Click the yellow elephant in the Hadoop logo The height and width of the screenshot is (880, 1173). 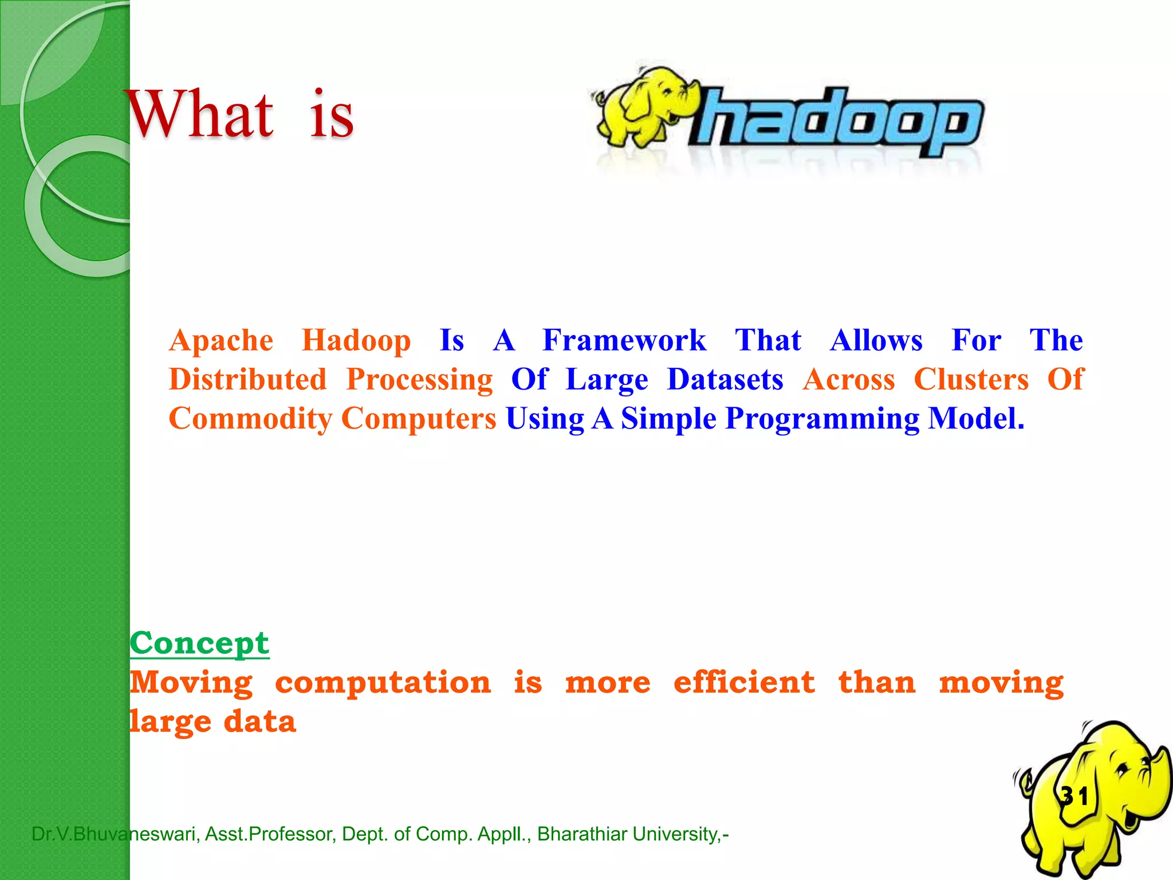click(x=644, y=106)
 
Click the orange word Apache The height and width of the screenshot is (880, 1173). click(x=221, y=340)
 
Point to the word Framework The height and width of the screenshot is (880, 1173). click(x=624, y=340)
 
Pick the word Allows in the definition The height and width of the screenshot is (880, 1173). click(x=876, y=340)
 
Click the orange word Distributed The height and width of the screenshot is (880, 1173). click(x=247, y=379)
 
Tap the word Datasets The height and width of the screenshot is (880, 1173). click(x=725, y=379)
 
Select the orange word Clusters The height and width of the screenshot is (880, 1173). click(x=971, y=379)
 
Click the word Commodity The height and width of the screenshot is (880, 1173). click(x=250, y=418)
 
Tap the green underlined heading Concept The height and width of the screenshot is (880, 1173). click(x=199, y=643)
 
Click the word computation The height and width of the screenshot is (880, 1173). click(x=383, y=683)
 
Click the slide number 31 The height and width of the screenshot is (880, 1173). click(x=1074, y=796)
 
